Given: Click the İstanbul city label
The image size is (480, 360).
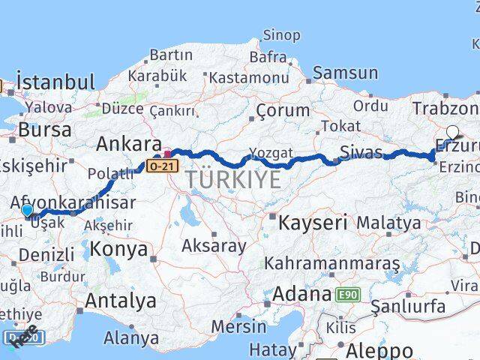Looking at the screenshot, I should click(x=55, y=82).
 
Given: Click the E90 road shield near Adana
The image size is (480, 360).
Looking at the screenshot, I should click(x=347, y=295).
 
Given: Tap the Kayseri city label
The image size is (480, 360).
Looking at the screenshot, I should click(x=313, y=222).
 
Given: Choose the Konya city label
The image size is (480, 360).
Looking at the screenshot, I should click(x=118, y=250).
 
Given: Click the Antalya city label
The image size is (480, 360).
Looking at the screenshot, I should click(x=121, y=301).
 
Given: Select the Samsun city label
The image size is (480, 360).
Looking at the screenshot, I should click(x=345, y=73).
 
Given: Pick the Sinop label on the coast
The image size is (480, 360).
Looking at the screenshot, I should click(x=281, y=35).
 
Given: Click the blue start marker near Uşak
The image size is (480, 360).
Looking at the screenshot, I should click(x=27, y=211).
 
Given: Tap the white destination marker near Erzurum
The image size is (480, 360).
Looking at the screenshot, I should click(x=452, y=132).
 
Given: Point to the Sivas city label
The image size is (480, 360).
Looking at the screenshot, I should click(x=361, y=153).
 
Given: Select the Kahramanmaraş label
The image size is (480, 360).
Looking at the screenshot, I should click(x=332, y=264).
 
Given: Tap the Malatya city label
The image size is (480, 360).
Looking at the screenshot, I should click(x=388, y=223).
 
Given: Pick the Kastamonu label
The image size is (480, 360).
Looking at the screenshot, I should click(x=248, y=77).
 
